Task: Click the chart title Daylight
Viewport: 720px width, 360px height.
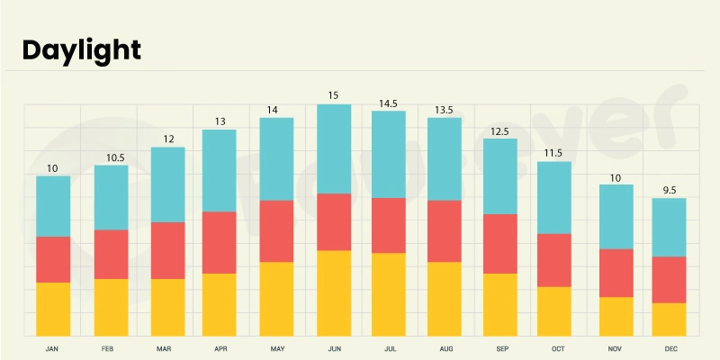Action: (x=81, y=49)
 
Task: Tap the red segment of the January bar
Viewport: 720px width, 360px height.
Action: (x=53, y=259)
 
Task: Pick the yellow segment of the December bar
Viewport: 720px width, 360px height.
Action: (x=669, y=319)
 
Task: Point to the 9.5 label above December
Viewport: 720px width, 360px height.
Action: (x=669, y=190)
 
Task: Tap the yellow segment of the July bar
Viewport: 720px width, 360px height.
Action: (x=388, y=294)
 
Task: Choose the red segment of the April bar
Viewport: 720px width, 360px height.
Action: (x=220, y=242)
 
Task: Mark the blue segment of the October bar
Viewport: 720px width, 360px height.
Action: (x=554, y=197)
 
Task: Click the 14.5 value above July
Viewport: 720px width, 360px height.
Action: (x=388, y=103)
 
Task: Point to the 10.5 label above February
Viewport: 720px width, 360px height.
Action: (x=111, y=157)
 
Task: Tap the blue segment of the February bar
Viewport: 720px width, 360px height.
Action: (x=111, y=197)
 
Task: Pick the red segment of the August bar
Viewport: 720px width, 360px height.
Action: (x=445, y=230)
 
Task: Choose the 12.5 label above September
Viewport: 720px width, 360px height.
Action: (x=500, y=130)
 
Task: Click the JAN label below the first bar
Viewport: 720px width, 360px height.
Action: (x=53, y=347)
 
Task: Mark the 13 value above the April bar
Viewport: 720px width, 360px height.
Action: (x=220, y=121)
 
